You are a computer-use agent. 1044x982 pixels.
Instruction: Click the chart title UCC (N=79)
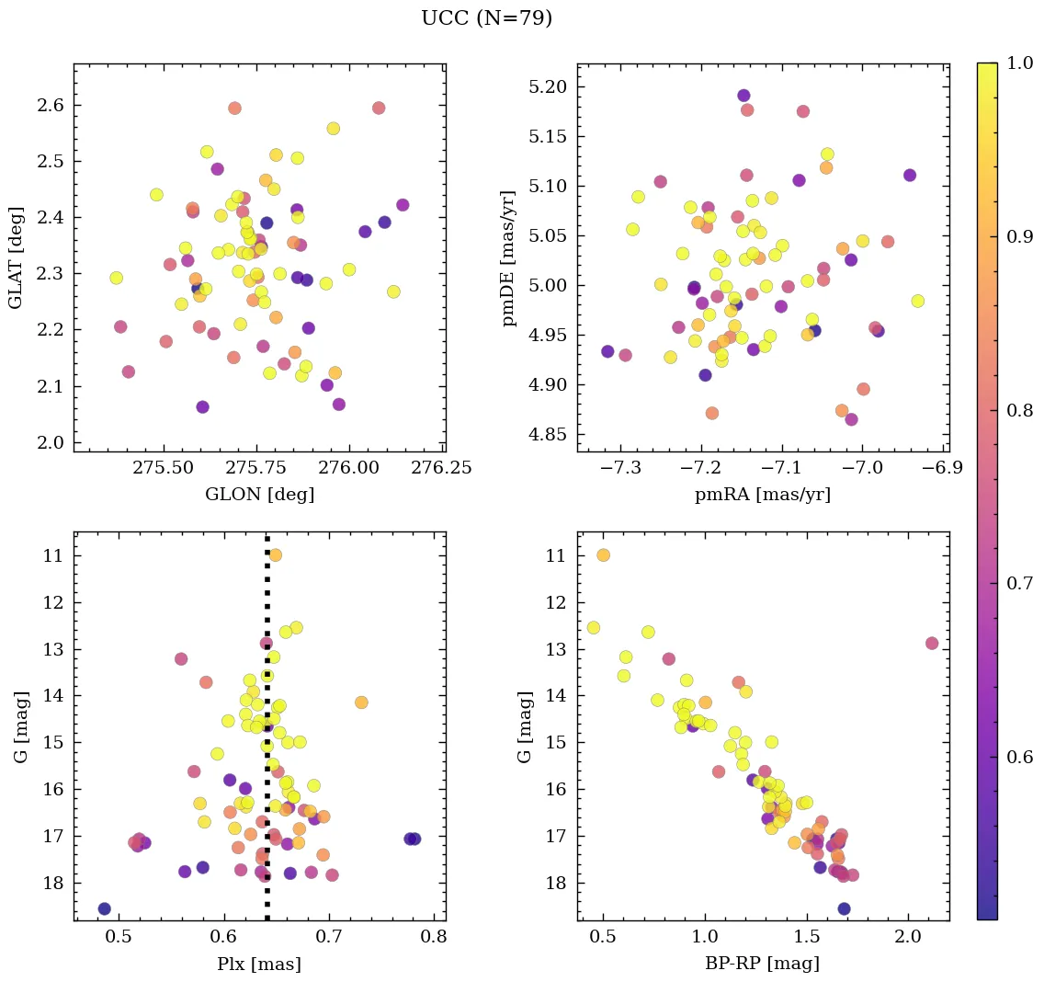[486, 18]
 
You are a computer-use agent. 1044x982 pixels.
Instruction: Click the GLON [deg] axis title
[259, 495]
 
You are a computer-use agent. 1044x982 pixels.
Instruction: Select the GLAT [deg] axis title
[16, 258]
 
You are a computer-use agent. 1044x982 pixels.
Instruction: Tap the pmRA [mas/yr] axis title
[763, 495]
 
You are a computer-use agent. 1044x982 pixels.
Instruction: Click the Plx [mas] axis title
[259, 964]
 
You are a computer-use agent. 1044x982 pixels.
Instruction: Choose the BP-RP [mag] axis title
[763, 964]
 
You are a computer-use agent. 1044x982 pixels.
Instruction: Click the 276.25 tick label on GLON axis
[444, 468]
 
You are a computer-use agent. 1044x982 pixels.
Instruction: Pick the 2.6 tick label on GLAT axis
[51, 106]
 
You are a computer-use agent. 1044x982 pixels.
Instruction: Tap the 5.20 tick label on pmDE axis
[550, 87]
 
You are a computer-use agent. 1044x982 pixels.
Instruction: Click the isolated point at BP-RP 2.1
[932, 643]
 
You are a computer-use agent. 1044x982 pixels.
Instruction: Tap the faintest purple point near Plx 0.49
[105, 908]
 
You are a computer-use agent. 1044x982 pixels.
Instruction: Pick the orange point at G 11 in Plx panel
[275, 555]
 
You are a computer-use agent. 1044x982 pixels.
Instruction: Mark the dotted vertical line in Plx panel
[267, 736]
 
